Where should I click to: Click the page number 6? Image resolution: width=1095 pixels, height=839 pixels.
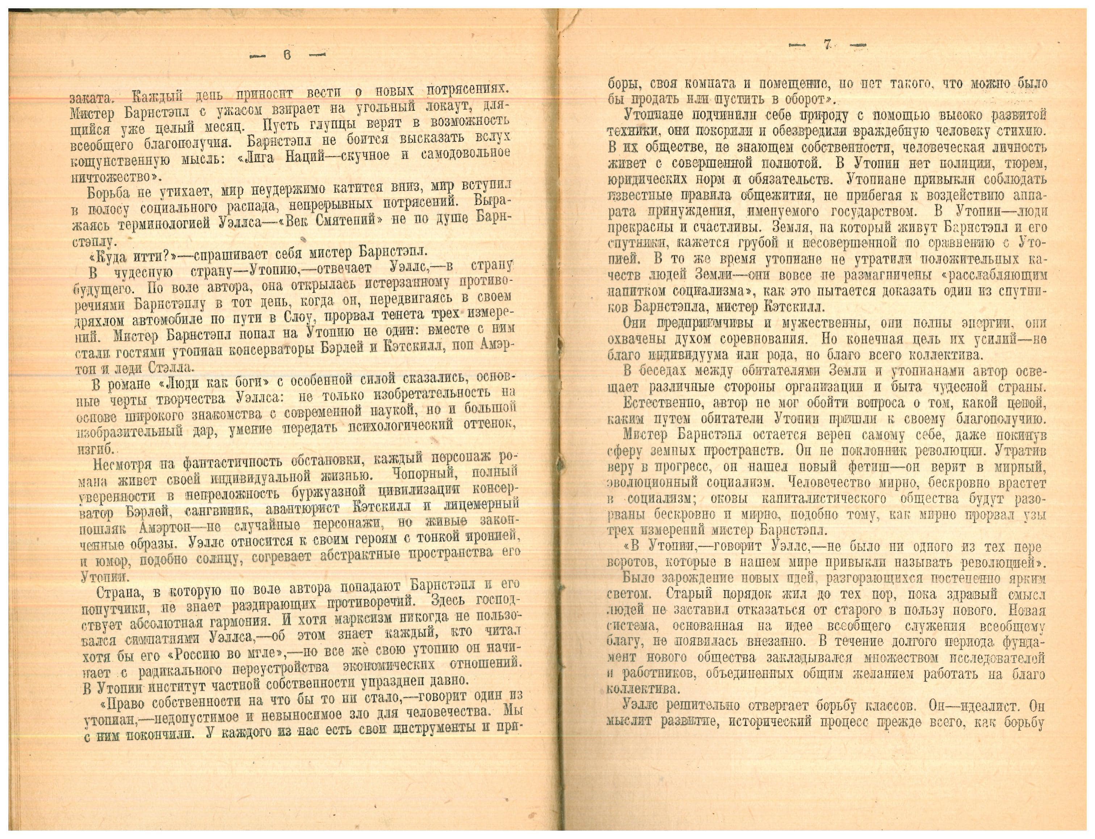pyautogui.click(x=288, y=55)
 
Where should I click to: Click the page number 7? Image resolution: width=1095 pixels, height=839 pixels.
pyautogui.click(x=827, y=46)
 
